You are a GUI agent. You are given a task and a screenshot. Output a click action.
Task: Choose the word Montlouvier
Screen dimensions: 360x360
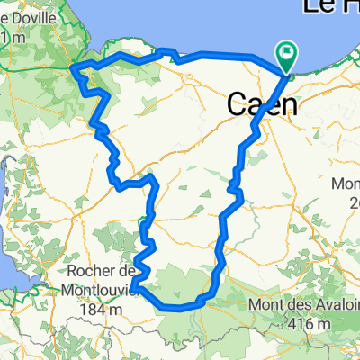100,291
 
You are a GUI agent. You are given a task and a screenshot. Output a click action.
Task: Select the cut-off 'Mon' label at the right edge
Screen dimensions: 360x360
346,184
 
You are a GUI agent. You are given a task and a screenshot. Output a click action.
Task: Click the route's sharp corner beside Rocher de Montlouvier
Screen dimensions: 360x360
133,288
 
